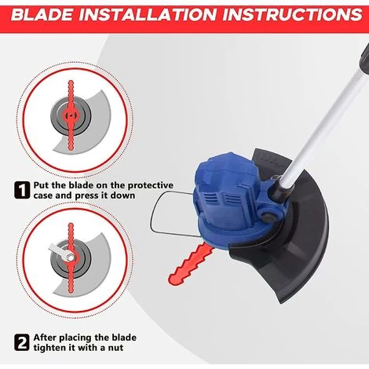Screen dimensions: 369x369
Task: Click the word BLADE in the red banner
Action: coord(42,15)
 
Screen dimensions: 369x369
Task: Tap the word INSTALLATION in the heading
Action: coord(147,15)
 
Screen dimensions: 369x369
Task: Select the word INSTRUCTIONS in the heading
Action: coord(292,15)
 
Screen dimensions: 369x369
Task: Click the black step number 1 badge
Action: coord(22,191)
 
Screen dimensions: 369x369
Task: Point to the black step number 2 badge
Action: coord(22,342)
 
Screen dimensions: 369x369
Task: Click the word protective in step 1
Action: coord(150,186)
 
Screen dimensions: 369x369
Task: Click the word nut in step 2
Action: coord(115,349)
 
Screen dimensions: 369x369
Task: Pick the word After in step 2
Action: coord(45,338)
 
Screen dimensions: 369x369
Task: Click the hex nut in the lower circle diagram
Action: coord(69,258)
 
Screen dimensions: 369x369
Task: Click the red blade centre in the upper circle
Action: coord(71,115)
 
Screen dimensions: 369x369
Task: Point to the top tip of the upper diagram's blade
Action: coord(71,81)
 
